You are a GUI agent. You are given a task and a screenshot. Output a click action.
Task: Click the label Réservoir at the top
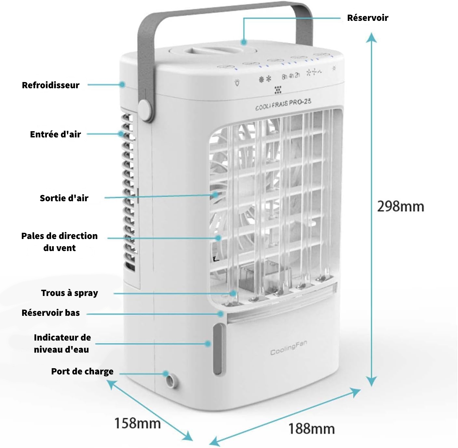368,18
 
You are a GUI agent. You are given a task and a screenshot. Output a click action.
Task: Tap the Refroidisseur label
51,85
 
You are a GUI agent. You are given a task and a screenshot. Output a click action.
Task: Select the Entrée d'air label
55,134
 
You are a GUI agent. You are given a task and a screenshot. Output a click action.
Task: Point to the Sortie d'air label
64,198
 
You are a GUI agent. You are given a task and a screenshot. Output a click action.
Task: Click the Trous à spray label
69,293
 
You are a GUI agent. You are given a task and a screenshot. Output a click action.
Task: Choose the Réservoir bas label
51,313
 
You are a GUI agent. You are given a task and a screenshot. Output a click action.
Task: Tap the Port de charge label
82,371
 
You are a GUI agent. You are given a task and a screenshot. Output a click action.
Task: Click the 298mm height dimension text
400,206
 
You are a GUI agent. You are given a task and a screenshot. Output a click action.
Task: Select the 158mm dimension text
138,423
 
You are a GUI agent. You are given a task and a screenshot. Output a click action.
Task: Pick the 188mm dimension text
311,429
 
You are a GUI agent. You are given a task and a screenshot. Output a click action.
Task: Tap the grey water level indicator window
218,349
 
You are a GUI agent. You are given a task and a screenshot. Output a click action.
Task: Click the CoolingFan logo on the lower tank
289,348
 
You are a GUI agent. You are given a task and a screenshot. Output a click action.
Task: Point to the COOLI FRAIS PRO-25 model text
283,104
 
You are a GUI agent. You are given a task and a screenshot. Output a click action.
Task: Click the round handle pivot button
145,109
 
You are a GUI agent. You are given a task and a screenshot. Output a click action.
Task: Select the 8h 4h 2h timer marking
291,76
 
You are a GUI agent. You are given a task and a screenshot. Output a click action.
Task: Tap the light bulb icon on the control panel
237,83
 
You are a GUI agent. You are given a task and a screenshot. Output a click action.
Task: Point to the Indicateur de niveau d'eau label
62,343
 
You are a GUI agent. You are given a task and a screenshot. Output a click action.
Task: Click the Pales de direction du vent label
60,242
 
